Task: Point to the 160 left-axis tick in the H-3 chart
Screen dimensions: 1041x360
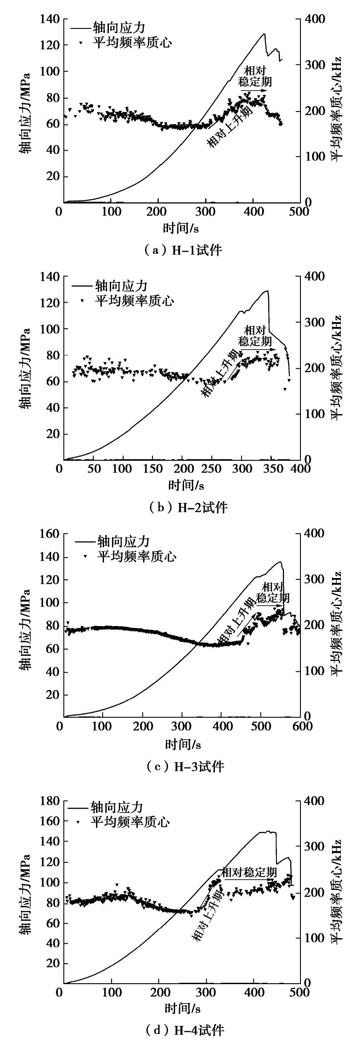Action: pyautogui.click(x=50, y=534)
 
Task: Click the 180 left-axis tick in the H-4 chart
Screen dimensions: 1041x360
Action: pyautogui.click(x=49, y=789)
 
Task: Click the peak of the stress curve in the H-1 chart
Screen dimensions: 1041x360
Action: pyautogui.click(x=264, y=34)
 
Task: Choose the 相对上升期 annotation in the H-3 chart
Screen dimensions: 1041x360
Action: pyautogui.click(x=236, y=621)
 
